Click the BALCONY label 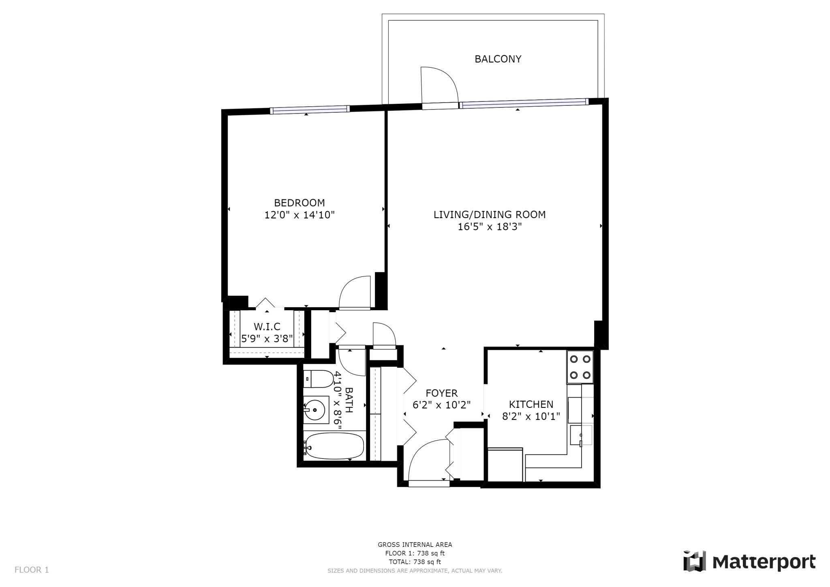(498, 59)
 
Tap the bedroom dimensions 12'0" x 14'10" (299, 215)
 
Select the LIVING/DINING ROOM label (490, 214)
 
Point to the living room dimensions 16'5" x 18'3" (490, 227)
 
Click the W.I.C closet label (267, 327)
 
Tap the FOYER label (442, 393)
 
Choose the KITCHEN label (531, 404)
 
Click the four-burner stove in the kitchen (580, 367)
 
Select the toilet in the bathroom (319, 379)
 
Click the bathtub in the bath (334, 446)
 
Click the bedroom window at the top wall (310, 109)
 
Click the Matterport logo (749, 561)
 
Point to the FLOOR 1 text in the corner (32, 570)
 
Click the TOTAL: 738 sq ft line (415, 562)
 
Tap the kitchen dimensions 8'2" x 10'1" (531, 416)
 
